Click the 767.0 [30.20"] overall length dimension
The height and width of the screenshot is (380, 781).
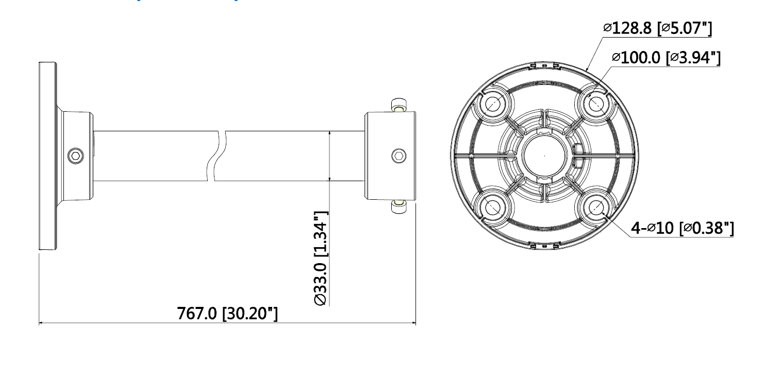227,313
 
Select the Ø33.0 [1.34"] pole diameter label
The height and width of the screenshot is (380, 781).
320,258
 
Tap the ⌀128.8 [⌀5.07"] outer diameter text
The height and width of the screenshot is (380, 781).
657,29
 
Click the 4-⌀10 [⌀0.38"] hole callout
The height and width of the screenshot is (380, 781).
683,228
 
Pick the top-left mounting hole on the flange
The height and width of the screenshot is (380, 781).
493,103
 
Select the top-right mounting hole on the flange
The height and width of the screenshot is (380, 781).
596,103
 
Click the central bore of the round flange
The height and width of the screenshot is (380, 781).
544,155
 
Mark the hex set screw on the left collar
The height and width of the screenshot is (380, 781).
76,154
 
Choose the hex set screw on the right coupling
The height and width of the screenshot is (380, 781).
397,154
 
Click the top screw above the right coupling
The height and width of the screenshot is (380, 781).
398,105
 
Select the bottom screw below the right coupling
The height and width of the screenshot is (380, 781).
398,206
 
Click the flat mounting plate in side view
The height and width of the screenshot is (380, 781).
47,156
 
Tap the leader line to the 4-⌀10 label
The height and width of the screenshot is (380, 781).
619,225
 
